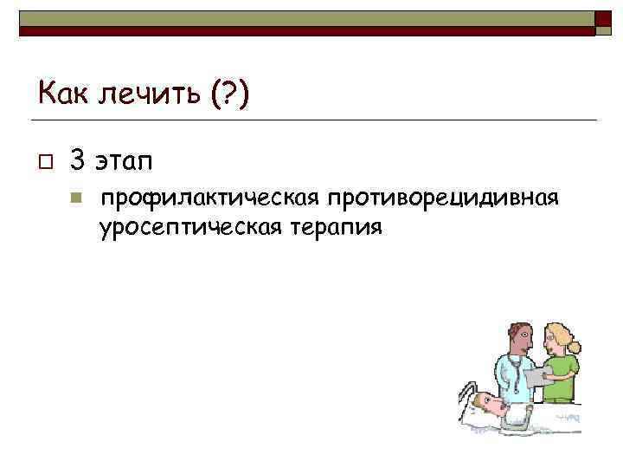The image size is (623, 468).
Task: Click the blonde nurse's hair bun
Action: click(573, 346)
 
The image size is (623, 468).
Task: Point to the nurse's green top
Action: click(562, 373)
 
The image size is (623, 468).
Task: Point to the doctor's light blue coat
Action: click(510, 381)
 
